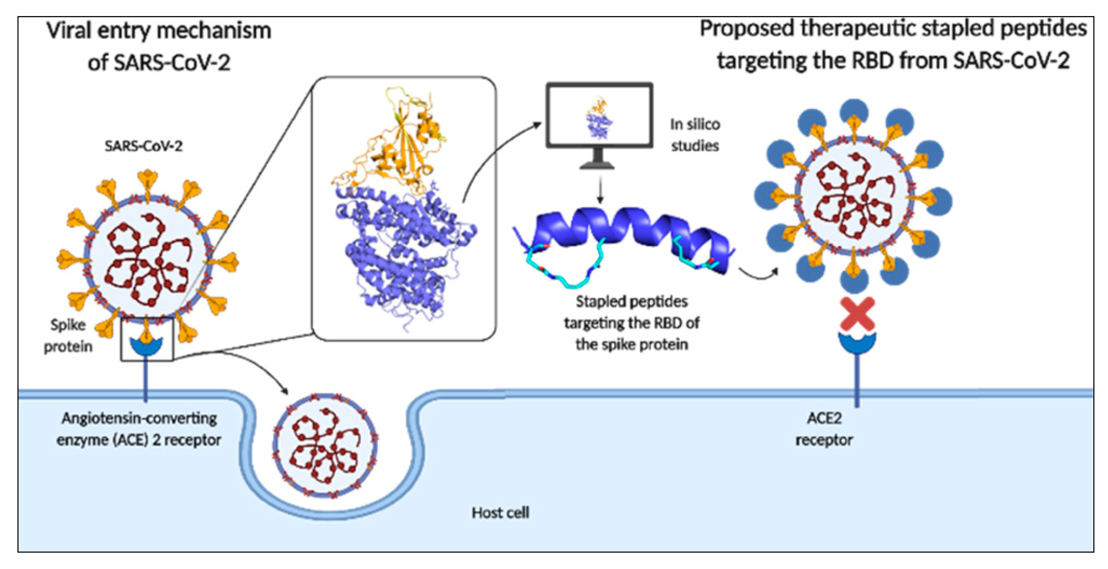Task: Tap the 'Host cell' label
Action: [500, 512]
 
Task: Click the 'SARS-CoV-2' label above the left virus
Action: [144, 146]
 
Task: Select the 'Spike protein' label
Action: [68, 335]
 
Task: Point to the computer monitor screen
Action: [599, 115]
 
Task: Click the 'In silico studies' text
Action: [695, 135]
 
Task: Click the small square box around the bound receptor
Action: [147, 340]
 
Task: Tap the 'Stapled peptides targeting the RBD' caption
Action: [631, 323]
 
